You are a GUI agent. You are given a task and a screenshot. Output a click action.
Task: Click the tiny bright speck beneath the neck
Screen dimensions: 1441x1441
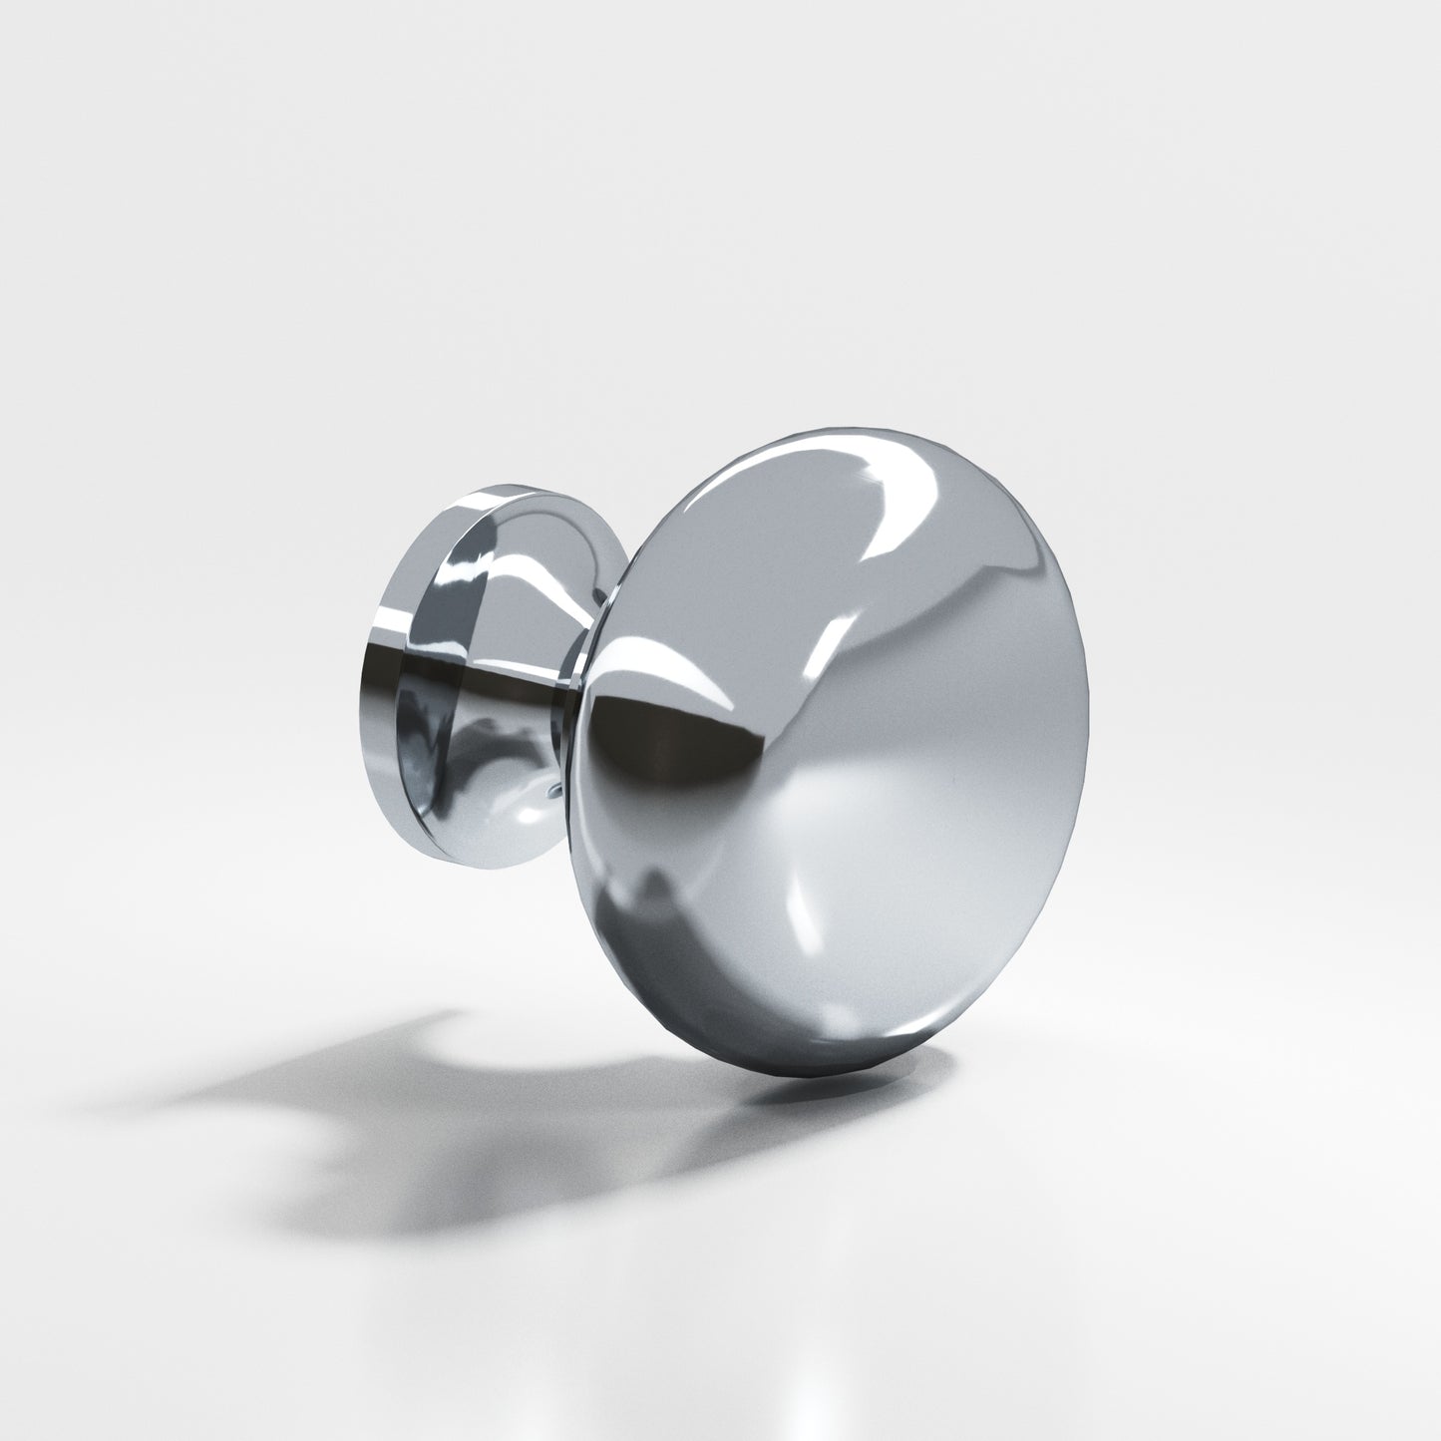coord(550,792)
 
